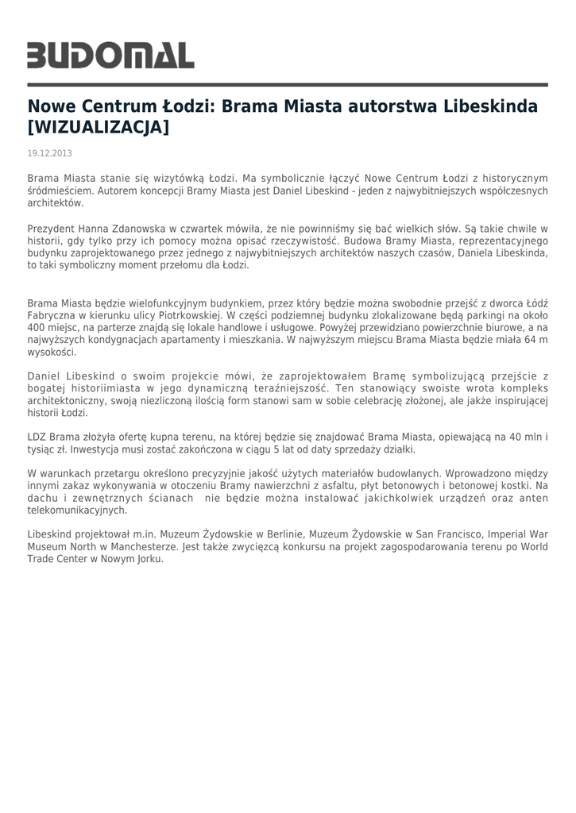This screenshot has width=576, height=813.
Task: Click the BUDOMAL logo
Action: pos(111,55)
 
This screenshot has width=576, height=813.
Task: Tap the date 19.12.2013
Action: pos(50,152)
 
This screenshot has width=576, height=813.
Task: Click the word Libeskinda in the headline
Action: pos(489,106)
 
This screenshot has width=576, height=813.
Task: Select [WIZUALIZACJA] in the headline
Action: pos(99,127)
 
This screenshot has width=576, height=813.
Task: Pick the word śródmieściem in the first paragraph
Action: pos(55,191)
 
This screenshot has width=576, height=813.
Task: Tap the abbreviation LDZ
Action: pos(37,438)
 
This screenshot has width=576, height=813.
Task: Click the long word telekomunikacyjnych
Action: pos(77,510)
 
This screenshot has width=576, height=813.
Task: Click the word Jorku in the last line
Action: pos(149,559)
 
